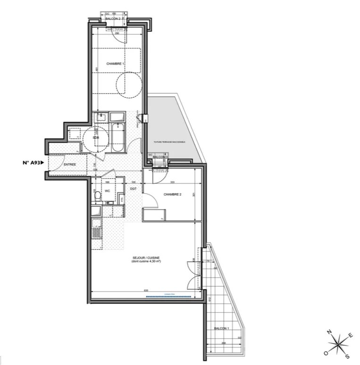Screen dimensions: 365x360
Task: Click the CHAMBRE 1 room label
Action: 115,64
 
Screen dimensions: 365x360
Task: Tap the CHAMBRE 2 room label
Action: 173,194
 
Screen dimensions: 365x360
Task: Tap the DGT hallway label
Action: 133,189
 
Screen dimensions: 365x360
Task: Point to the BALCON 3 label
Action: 160,156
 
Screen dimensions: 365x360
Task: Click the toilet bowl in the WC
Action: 96,193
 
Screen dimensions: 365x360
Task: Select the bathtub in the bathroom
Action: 117,136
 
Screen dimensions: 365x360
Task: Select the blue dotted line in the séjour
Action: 169,297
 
